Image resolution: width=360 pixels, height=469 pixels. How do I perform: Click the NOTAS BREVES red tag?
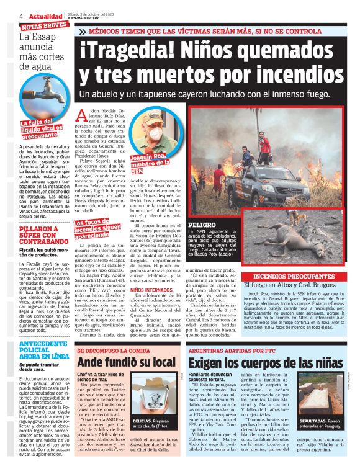coord(44,26)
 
